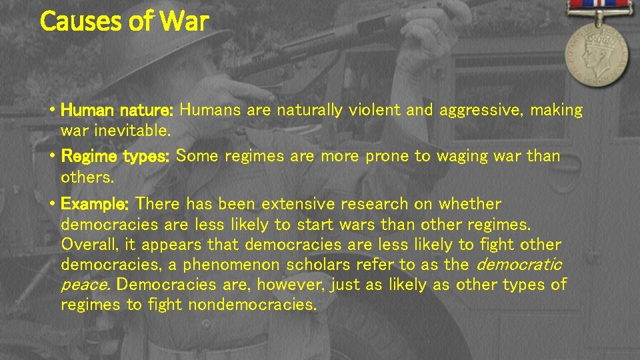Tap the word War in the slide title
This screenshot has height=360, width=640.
click(x=184, y=21)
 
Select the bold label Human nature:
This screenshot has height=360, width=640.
click(x=117, y=110)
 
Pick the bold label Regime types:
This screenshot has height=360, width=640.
click(x=117, y=157)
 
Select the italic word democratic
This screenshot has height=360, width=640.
click(x=519, y=265)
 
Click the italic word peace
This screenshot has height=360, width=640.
click(x=86, y=285)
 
